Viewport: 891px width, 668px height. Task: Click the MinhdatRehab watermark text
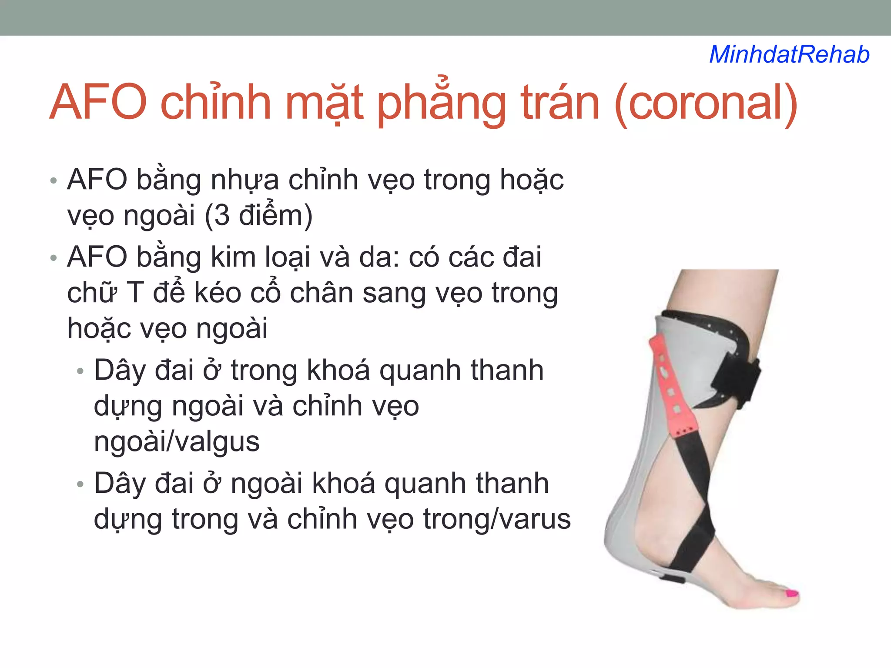coord(789,55)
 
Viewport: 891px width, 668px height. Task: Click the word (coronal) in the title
coord(706,103)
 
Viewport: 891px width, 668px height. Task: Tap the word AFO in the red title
coord(98,103)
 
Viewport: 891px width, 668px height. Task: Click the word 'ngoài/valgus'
coord(177,441)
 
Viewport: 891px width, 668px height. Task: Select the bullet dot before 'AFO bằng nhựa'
coord(54,181)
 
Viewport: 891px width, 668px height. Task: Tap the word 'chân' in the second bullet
coord(321,292)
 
